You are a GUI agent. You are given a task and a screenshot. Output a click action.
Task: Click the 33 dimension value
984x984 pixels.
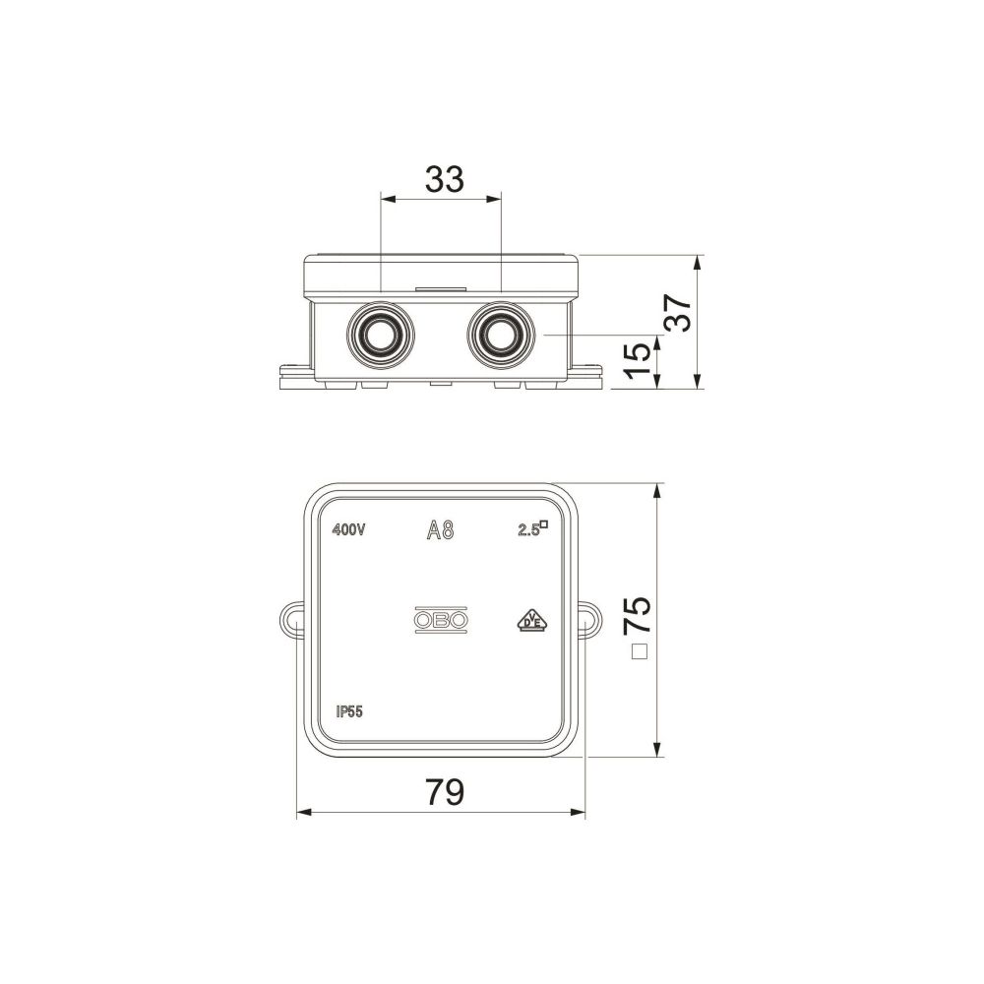click(x=445, y=179)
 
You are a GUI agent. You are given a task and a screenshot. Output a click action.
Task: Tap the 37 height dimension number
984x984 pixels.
click(x=678, y=313)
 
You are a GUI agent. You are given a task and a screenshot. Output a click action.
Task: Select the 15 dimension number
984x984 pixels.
click(x=639, y=359)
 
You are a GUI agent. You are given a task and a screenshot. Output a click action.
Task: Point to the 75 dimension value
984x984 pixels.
click(x=638, y=614)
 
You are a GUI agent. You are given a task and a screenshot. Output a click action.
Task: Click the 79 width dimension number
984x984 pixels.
click(x=445, y=792)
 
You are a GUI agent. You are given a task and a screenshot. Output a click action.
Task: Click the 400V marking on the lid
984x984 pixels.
click(x=348, y=530)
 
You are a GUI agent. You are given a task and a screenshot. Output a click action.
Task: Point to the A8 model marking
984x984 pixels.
click(x=440, y=531)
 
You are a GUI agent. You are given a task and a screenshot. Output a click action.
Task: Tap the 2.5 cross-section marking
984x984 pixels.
click(x=532, y=529)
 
